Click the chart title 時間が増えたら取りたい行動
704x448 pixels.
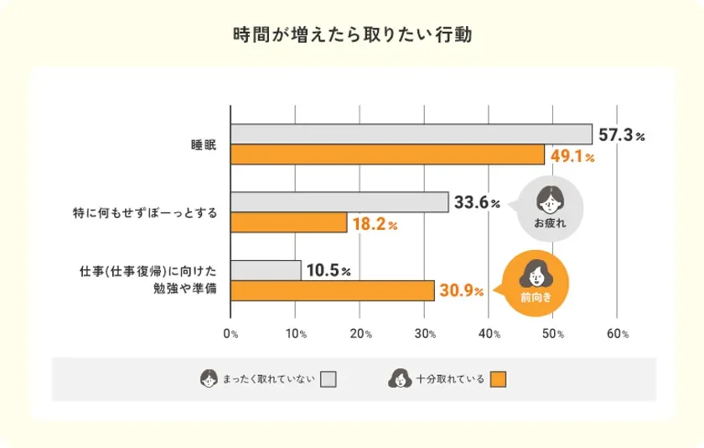click(352, 36)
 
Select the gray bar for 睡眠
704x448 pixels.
click(411, 134)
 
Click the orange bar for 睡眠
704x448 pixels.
click(387, 155)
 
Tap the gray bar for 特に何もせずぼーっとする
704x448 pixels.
click(339, 202)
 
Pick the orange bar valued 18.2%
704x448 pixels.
click(288, 223)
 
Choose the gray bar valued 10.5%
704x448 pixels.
click(266, 269)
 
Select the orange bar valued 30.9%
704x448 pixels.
click(332, 290)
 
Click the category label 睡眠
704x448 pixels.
click(204, 145)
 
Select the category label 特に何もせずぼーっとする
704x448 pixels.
click(146, 213)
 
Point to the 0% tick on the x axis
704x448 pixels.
click(230, 334)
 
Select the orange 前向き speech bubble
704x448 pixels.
click(534, 283)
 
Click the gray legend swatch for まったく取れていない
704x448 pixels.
click(328, 379)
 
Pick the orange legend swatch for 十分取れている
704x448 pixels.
click(499, 379)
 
